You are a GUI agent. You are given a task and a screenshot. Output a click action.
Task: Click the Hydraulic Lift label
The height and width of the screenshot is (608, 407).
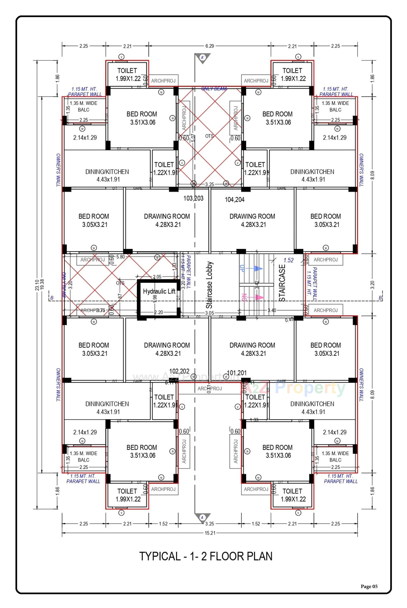159,291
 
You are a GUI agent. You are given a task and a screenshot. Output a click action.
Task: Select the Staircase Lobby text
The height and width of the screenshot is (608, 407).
209,285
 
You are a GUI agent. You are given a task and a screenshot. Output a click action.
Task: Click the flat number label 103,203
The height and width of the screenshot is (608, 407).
193,199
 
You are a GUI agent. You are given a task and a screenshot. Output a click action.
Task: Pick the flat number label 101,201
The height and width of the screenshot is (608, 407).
237,373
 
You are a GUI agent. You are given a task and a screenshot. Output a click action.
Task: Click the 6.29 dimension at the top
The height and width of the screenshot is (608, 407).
209,46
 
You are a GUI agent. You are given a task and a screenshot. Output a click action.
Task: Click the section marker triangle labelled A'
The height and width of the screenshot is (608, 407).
202,58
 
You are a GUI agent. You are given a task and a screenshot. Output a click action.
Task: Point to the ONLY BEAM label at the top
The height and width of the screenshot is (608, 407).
214,89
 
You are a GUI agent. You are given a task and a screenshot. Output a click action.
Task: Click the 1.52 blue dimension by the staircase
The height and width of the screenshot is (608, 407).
288,260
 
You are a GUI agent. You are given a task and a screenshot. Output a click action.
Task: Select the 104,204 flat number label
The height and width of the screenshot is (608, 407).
234,200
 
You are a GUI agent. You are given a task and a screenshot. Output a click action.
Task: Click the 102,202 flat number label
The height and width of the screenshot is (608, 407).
179,371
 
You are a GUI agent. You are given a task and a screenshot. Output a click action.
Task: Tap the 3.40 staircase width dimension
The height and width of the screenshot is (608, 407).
272,310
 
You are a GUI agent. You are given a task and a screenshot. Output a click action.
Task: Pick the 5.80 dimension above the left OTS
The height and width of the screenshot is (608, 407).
121,257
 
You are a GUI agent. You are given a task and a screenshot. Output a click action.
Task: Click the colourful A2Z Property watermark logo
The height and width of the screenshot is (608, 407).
296,388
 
